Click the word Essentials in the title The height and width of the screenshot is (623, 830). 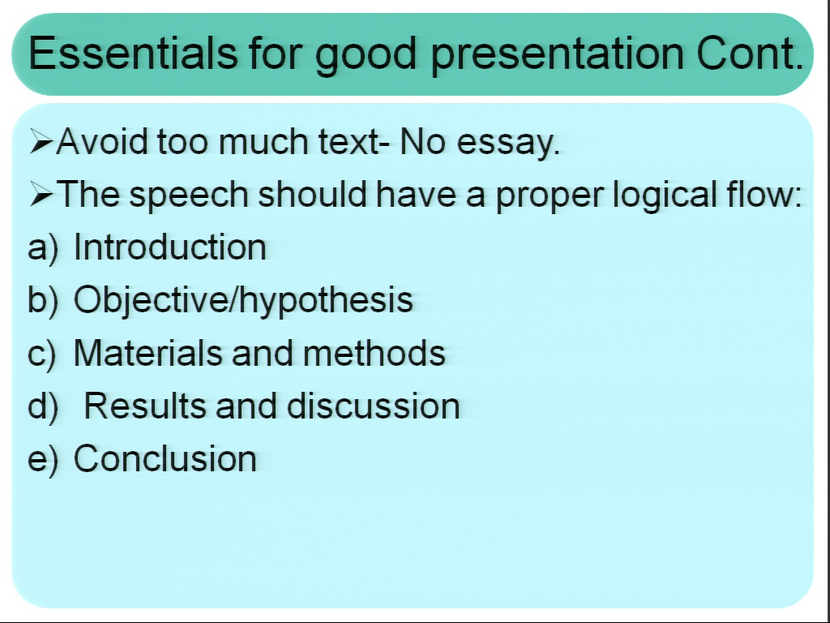(x=133, y=53)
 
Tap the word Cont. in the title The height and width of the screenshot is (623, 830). (x=750, y=53)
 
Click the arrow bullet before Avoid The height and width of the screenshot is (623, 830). (x=41, y=141)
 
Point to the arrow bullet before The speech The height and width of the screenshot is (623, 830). (x=41, y=194)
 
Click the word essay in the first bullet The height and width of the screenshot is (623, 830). (x=507, y=143)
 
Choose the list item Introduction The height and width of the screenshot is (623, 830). (x=170, y=247)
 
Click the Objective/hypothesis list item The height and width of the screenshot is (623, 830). (x=243, y=301)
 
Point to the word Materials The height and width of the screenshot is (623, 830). (x=148, y=353)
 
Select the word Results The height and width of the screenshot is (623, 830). (x=144, y=406)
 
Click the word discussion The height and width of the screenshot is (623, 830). (x=373, y=406)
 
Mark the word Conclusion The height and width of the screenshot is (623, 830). (x=165, y=459)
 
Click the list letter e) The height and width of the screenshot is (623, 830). (x=42, y=460)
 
